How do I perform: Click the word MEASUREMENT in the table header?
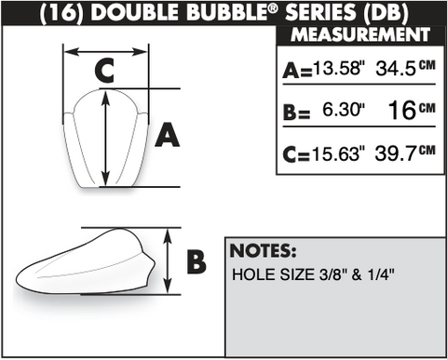(x=360, y=34)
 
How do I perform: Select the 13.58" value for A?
(x=339, y=67)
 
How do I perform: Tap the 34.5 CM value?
(x=406, y=68)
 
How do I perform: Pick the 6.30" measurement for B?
(x=344, y=110)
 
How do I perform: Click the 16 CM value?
(x=412, y=110)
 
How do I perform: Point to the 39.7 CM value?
(x=405, y=153)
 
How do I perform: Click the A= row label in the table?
(x=297, y=71)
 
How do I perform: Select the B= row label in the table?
(x=296, y=113)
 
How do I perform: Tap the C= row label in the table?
(x=296, y=154)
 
